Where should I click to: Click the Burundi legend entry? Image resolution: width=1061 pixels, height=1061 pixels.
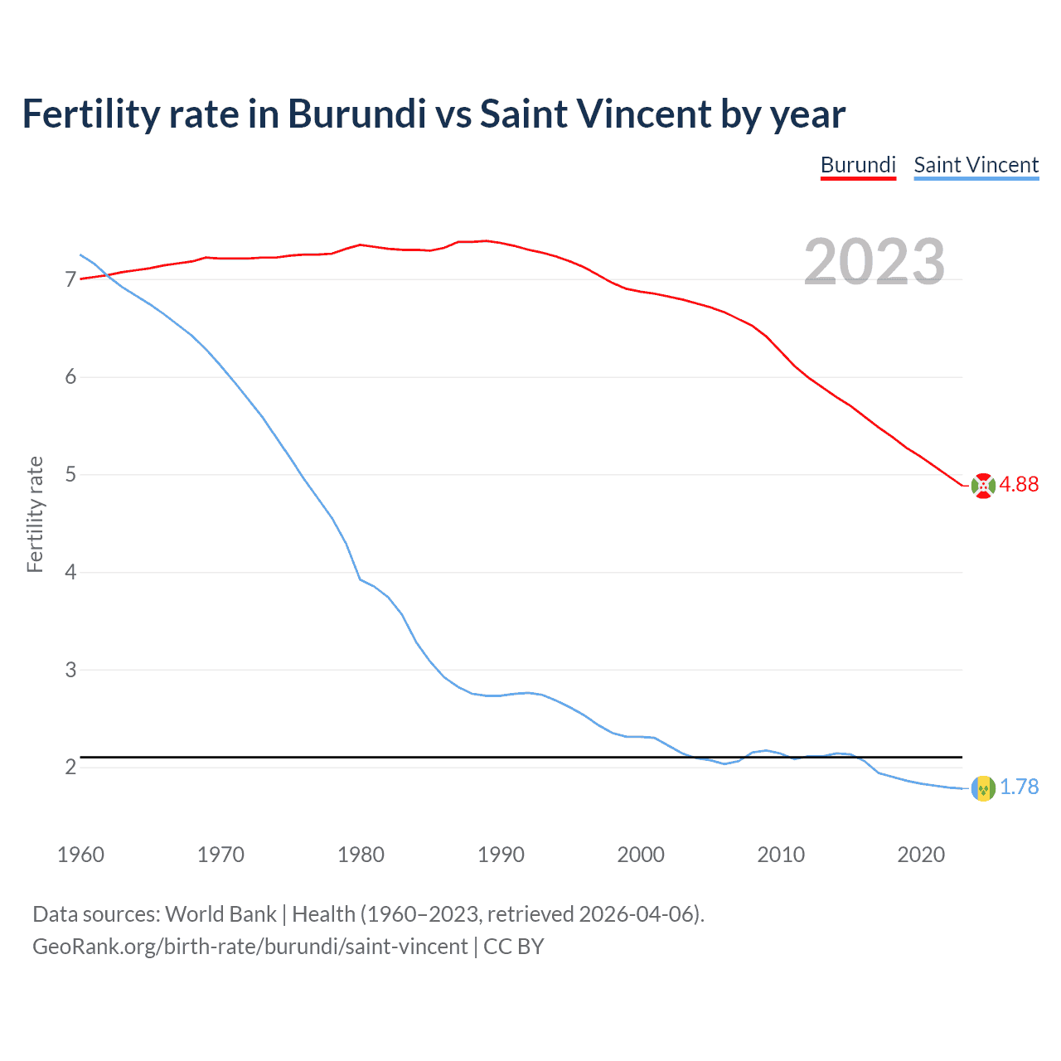(x=858, y=165)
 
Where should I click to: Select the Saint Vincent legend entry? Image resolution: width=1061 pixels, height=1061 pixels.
(x=976, y=165)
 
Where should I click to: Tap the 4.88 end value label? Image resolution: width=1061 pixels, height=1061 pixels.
(x=1019, y=485)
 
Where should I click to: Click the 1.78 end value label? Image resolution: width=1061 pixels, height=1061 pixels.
(x=1019, y=787)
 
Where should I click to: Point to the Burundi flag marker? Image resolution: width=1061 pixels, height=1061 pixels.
(x=983, y=486)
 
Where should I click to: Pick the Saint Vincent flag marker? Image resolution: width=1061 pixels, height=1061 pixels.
(x=983, y=788)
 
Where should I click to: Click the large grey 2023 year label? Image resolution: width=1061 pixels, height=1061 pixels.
(x=874, y=262)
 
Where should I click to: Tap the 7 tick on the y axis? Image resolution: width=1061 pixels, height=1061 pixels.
(x=70, y=280)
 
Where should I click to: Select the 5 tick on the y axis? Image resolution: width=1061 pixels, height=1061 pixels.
(x=70, y=475)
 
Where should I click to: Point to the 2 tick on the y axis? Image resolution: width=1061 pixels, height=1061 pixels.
(x=70, y=768)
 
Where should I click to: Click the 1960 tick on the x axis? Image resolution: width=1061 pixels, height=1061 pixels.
(x=80, y=855)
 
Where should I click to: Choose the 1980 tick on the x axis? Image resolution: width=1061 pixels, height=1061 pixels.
(x=361, y=855)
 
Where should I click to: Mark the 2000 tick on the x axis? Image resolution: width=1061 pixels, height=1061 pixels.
(x=641, y=855)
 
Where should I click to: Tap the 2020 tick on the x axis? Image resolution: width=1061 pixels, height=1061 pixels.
(x=921, y=855)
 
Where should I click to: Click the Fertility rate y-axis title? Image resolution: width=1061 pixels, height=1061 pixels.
(x=35, y=514)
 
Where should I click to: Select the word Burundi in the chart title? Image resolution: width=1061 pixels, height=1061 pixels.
(x=356, y=114)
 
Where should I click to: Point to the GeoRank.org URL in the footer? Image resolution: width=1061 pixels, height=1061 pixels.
(x=250, y=947)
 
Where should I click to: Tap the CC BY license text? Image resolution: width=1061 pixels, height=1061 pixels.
(x=513, y=947)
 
